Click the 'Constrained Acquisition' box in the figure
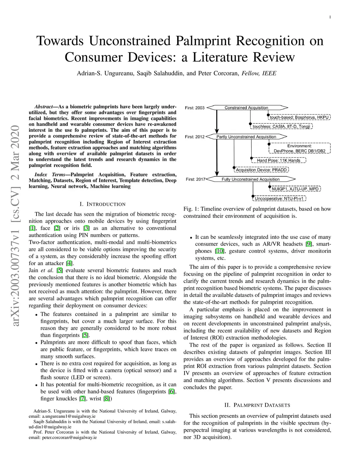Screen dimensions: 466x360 coord(246,108)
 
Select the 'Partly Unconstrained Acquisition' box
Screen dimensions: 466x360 coord(246,137)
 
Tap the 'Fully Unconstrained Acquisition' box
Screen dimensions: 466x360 coord(250,179)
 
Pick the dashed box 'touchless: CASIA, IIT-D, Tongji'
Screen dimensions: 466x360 coord(281,126)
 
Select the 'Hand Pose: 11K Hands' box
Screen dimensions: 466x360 coord(278,160)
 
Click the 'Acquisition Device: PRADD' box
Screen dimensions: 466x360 coord(262,170)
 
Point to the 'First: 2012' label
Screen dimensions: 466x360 coord(195,137)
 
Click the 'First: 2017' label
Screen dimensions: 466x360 coord(195,179)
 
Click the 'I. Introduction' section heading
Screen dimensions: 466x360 coord(102,204)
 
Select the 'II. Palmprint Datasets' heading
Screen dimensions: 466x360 coord(257,405)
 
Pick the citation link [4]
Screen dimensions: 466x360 coord(70,263)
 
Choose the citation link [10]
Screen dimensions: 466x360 coord(219,251)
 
